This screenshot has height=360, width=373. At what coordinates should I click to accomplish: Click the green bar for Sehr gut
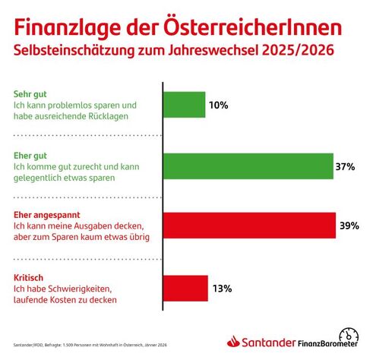tap(185, 105)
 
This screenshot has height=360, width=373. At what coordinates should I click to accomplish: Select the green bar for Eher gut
tap(248, 166)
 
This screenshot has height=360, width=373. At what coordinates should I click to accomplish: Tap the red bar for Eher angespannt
tap(250, 226)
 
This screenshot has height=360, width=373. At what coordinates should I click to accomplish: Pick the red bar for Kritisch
tap(186, 288)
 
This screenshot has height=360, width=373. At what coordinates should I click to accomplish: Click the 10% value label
tap(220, 105)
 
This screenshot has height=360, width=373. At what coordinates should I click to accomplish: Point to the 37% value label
tap(346, 166)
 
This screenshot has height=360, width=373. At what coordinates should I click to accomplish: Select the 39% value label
tap(349, 226)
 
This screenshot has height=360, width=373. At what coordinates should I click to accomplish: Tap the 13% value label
tap(222, 288)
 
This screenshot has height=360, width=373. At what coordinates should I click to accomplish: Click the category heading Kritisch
tap(30, 276)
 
